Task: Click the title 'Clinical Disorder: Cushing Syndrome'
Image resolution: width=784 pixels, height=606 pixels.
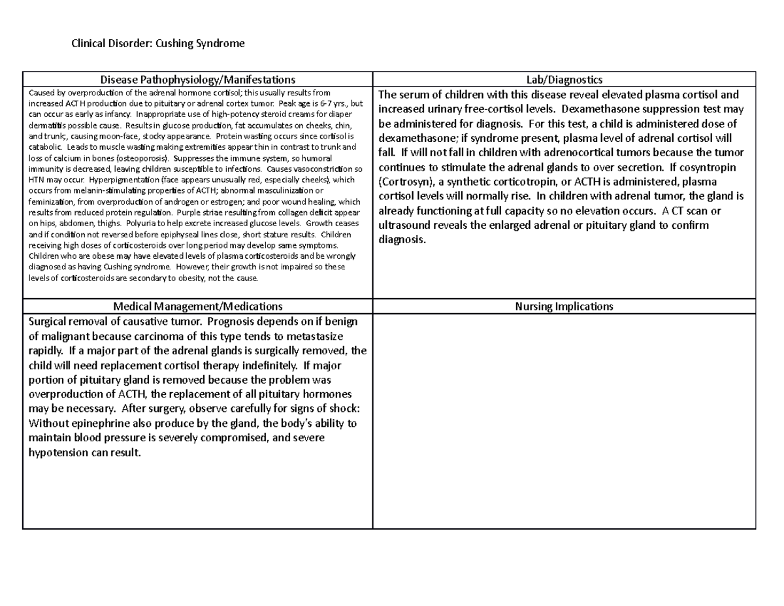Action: pyautogui.click(x=158, y=44)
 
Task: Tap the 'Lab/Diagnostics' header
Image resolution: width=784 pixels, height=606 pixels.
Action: pyautogui.click(x=564, y=80)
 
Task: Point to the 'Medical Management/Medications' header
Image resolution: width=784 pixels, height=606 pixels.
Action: pyautogui.click(x=197, y=306)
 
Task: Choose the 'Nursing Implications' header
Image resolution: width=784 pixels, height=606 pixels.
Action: pyautogui.click(x=564, y=306)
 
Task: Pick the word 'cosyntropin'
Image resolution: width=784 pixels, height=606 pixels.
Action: pyautogui.click(x=710, y=167)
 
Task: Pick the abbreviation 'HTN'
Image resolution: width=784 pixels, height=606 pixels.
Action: pyautogui.click(x=37, y=179)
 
